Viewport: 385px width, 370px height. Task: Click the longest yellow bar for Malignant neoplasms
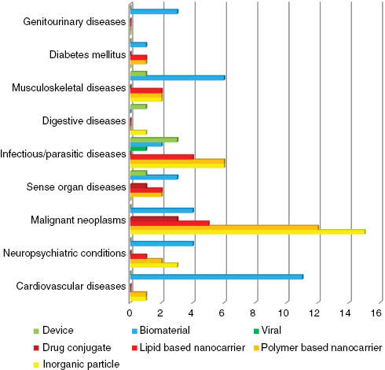pyautogui.click(x=247, y=231)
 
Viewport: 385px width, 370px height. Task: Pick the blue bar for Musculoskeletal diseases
pyautogui.click(x=178, y=77)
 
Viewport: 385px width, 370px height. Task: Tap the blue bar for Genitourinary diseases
pyautogui.click(x=154, y=12)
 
